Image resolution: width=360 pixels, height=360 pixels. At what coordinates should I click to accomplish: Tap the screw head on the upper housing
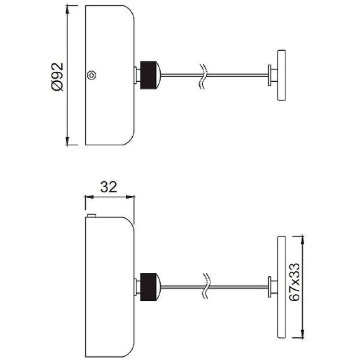coord(92,76)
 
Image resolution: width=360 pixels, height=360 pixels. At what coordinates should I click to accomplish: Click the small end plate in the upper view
coord(279,75)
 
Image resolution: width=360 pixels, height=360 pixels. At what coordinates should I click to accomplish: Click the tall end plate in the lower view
coord(279,286)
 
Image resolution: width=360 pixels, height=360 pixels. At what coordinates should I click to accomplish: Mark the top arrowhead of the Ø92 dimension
coord(68,10)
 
